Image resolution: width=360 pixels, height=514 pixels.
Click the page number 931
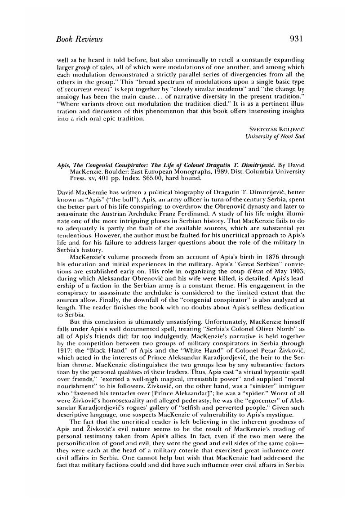pos(298,39)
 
